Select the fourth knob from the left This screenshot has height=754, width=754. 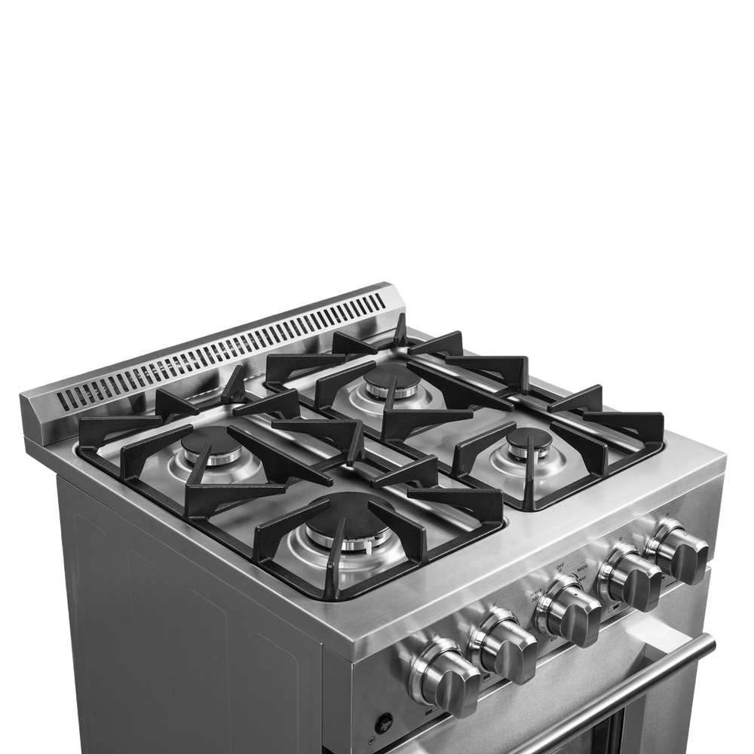630,581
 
